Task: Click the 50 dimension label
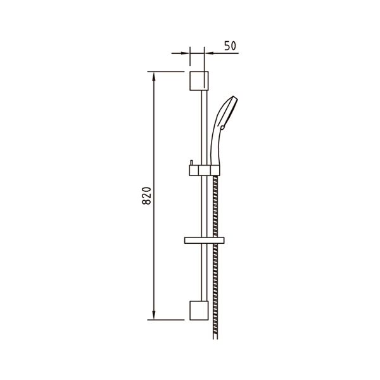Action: tap(230, 46)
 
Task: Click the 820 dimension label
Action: tap(147, 196)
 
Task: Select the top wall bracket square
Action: tap(199, 81)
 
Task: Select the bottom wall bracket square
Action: tap(199, 310)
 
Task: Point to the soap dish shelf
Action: tap(205, 241)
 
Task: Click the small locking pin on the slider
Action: tap(191, 163)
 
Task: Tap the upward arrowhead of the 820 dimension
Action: tap(153, 77)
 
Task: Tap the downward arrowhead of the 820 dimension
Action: tap(153, 315)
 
